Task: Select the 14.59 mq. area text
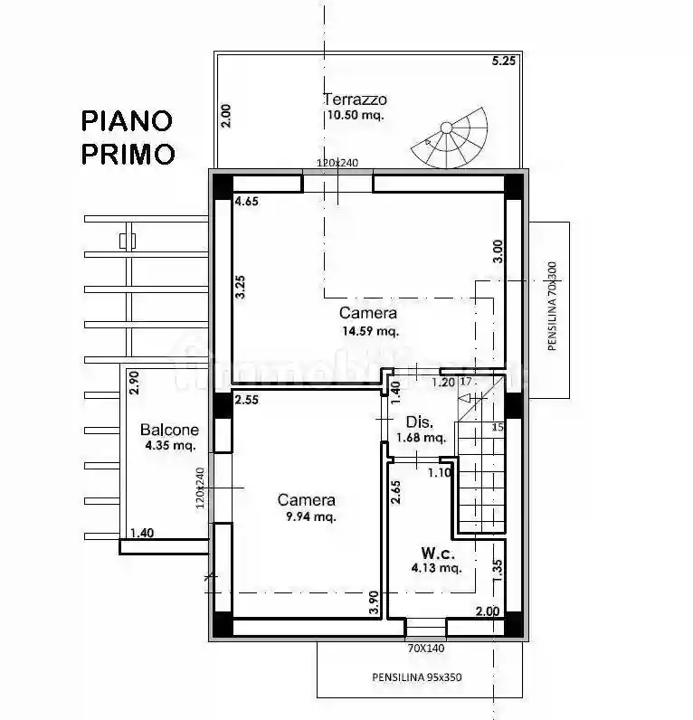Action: click(x=369, y=331)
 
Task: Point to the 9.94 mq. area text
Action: click(x=307, y=517)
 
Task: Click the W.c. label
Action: click(x=437, y=552)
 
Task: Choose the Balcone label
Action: click(x=169, y=430)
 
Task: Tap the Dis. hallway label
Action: click(x=418, y=422)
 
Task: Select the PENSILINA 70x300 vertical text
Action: click(x=552, y=306)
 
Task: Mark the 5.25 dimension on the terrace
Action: click(x=503, y=62)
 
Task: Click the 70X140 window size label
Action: click(x=424, y=648)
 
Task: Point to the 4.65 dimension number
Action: click(x=246, y=202)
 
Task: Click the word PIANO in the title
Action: click(x=127, y=120)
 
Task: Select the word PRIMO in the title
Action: click(x=128, y=154)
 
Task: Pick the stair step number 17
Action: click(x=467, y=382)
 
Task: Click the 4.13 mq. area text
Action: click(x=436, y=569)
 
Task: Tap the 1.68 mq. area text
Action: click(x=421, y=439)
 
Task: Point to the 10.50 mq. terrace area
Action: click(x=355, y=116)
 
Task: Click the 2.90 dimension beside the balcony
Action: click(x=134, y=384)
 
